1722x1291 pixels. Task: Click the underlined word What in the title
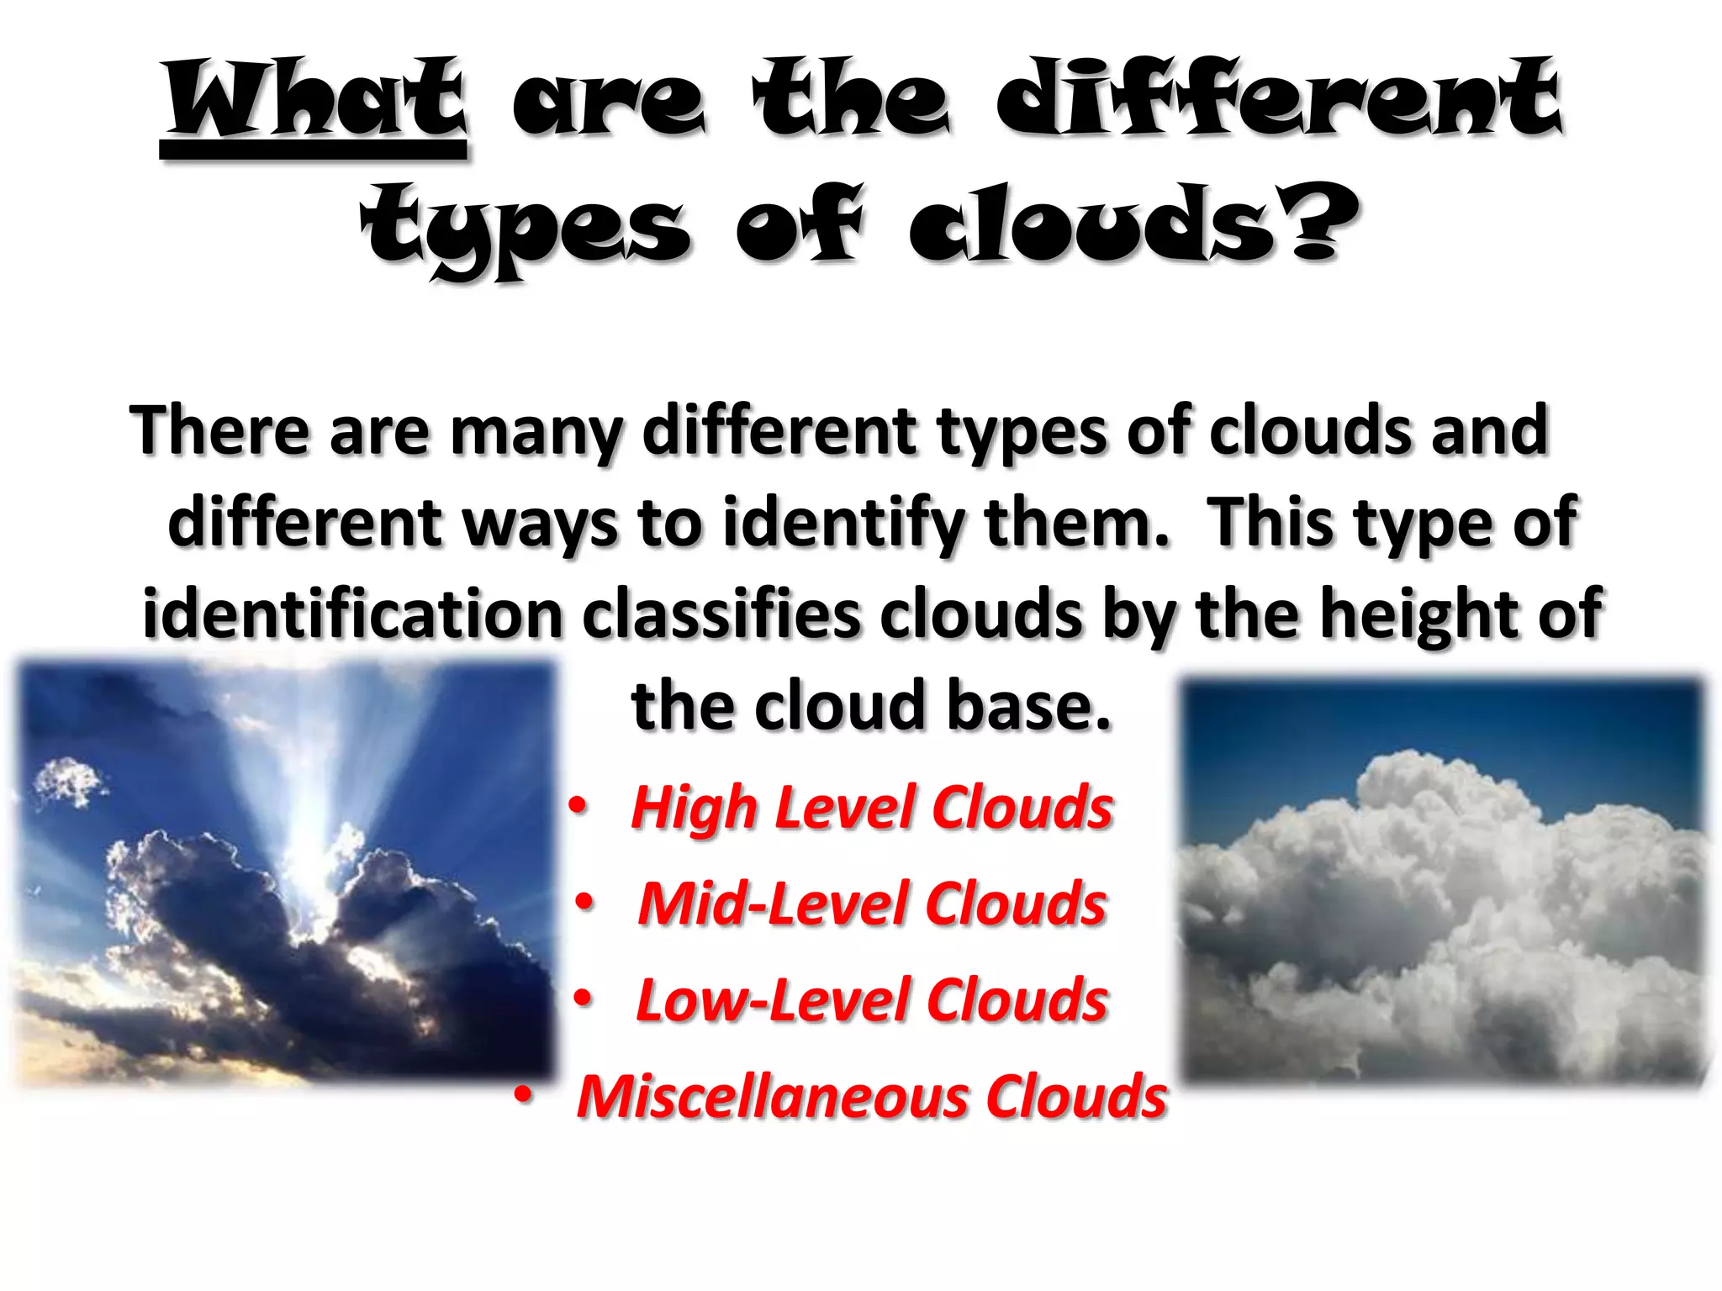coord(315,101)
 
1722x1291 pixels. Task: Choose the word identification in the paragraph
coord(351,614)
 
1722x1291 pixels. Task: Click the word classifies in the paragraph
coord(721,614)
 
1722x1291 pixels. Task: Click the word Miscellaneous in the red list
coord(772,1097)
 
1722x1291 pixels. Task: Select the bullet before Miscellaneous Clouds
coord(524,1095)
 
